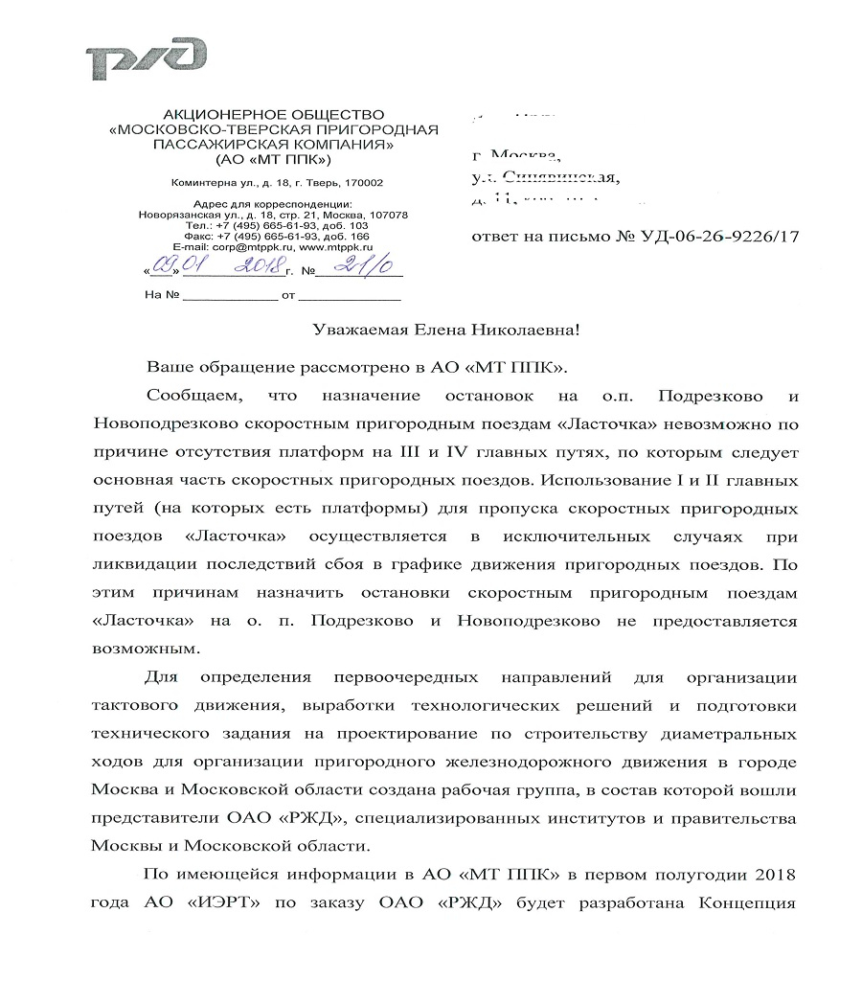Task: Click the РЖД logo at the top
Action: point(146,58)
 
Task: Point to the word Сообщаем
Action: point(188,395)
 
